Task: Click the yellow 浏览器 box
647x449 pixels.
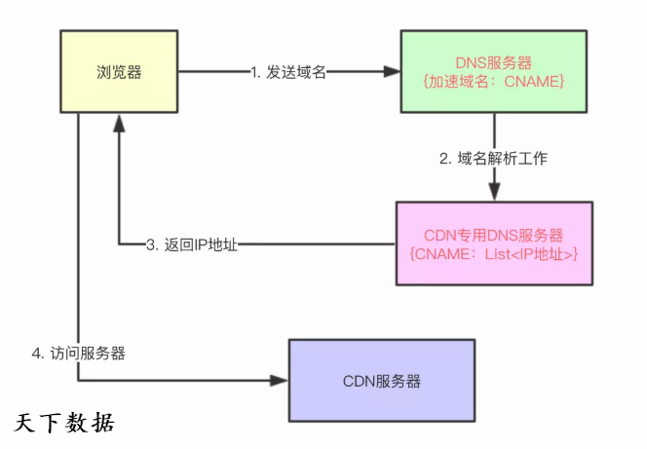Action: pos(118,70)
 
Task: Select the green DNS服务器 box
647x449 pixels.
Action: pos(493,71)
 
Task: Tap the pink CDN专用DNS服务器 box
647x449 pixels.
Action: pos(494,243)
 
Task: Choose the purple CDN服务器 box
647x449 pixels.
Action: pos(382,380)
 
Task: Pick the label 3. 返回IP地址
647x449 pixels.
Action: pos(192,245)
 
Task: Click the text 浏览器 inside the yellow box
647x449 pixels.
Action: pos(118,70)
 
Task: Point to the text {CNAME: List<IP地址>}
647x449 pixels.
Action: pos(494,254)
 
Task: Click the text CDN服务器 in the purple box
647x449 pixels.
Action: pos(382,380)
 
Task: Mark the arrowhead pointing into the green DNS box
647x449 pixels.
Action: pos(391,71)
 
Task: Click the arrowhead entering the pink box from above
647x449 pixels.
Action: pos(494,193)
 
